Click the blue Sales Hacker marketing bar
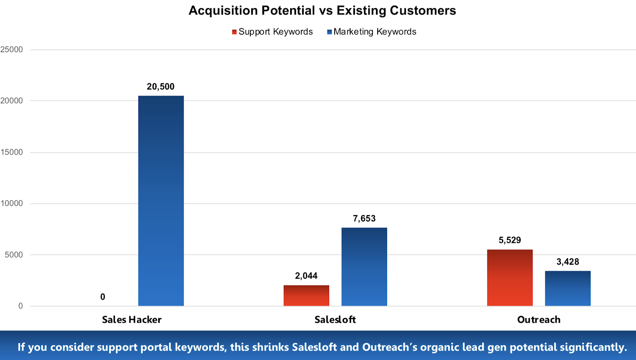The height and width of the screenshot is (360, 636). coord(161,201)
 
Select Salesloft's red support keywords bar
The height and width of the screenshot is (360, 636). coord(306,296)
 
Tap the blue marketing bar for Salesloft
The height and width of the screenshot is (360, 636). coord(364,267)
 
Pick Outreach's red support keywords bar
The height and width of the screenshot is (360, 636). coord(510,278)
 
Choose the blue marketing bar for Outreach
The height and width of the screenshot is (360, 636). coord(568,288)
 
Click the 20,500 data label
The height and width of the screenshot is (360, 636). coord(161,87)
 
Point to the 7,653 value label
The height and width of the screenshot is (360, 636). coord(364,219)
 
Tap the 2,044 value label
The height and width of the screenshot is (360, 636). coord(306,276)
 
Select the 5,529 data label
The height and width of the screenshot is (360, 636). coord(510,240)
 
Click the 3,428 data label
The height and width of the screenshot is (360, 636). coord(568,262)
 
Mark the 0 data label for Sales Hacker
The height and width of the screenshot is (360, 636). coord(103,297)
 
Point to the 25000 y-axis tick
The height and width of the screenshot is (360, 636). coord(12,50)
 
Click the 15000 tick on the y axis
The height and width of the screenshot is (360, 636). coord(12,152)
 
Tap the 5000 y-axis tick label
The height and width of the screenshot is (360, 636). coord(14,255)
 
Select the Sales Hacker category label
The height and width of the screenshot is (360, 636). coord(132,320)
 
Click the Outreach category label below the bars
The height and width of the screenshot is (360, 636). coord(539,320)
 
